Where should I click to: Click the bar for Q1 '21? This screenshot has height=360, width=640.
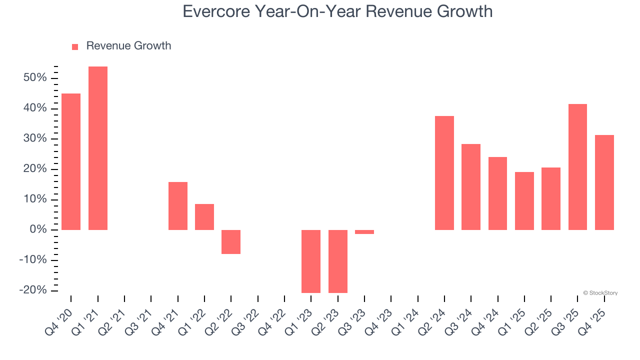(x=98, y=148)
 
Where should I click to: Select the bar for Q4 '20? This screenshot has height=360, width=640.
(x=71, y=161)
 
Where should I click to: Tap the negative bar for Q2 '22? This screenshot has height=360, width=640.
(x=231, y=242)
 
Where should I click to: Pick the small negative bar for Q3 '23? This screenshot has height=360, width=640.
(x=364, y=232)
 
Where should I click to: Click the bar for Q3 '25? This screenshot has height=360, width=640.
(x=577, y=167)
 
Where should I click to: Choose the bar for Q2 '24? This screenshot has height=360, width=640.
(x=444, y=173)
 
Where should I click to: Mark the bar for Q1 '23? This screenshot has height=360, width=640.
(x=311, y=261)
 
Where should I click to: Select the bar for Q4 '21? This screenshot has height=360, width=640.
(x=178, y=206)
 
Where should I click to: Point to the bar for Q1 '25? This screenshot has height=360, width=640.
(x=524, y=201)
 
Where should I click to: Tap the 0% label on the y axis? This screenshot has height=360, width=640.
(x=38, y=230)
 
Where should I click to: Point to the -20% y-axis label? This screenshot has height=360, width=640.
(x=33, y=290)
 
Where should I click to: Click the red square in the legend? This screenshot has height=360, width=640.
(x=75, y=46)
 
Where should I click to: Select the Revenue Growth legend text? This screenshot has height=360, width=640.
(x=128, y=46)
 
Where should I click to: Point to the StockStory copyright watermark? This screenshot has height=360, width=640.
(x=600, y=293)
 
